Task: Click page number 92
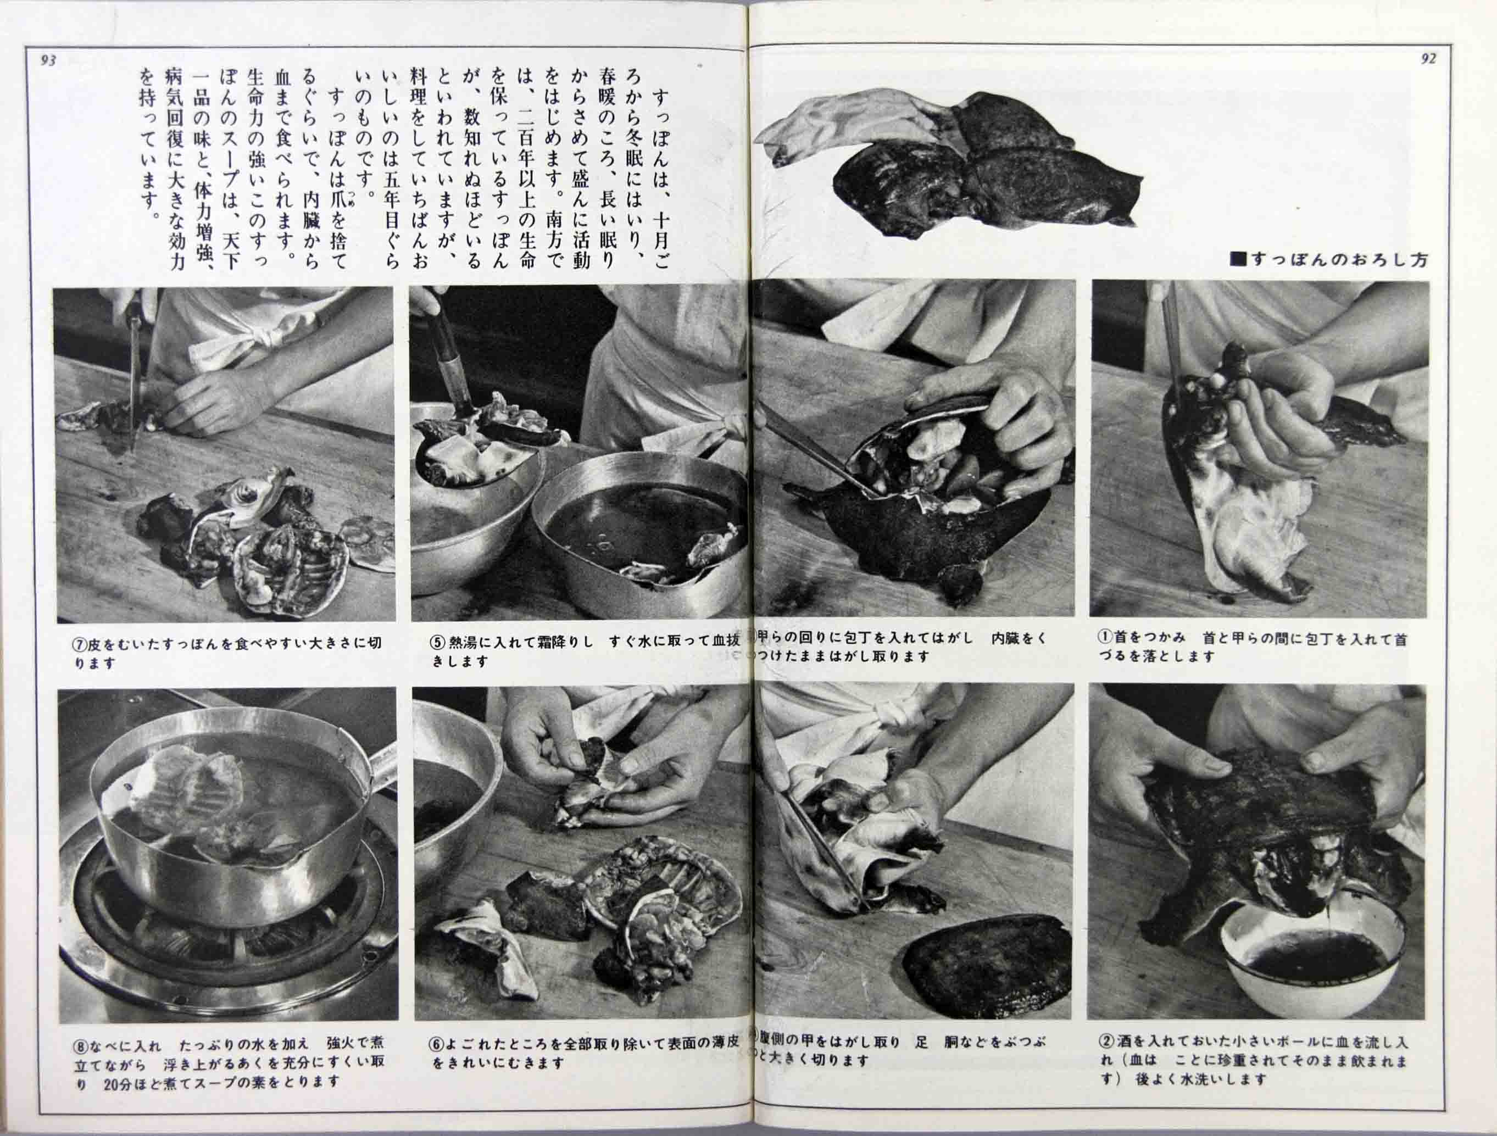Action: coord(1428,59)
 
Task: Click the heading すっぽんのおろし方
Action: coord(1328,259)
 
